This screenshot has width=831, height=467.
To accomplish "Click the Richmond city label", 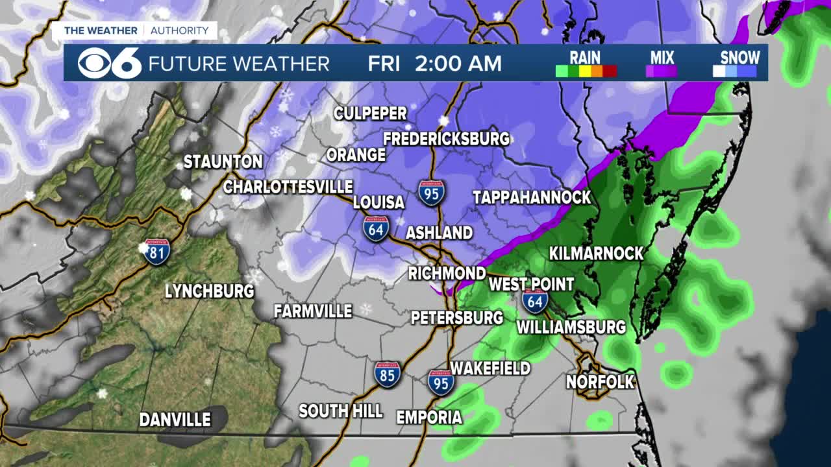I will (x=447, y=273).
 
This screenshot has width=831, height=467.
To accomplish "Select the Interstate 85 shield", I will (x=387, y=374).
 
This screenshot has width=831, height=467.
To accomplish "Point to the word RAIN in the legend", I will (x=585, y=57).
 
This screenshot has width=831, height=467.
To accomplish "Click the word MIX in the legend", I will (x=662, y=57).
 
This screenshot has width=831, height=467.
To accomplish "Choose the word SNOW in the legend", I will (x=739, y=56).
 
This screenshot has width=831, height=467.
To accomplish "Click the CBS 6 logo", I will (x=109, y=63).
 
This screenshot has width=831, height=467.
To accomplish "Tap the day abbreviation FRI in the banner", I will (x=383, y=64).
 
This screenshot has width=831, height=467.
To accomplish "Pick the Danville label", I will (x=175, y=420).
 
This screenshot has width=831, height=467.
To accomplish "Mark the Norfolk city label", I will (x=600, y=382).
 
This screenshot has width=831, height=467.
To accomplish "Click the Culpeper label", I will (x=370, y=114).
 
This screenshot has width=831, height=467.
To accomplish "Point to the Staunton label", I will (x=223, y=162).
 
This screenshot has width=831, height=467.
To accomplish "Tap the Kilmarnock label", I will (x=596, y=253).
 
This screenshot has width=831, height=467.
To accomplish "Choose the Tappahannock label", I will (x=532, y=197).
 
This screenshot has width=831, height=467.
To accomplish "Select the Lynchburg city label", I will (x=209, y=291).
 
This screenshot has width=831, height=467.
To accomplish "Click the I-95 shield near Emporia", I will (x=441, y=382).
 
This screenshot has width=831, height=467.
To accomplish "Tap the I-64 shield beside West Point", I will (x=534, y=302).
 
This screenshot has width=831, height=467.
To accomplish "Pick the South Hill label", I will (x=340, y=411).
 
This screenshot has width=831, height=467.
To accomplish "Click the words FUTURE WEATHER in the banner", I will (x=239, y=64).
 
